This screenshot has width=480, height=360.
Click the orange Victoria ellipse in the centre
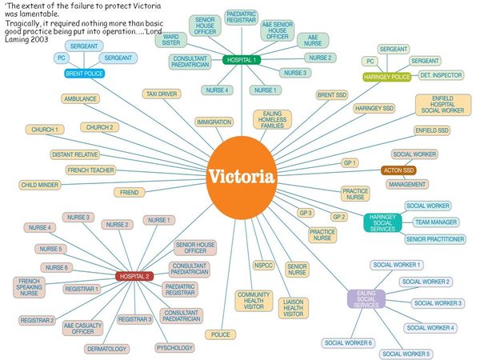pyautogui.click(x=242, y=178)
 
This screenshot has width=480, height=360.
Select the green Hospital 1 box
pyautogui.click(x=242, y=60)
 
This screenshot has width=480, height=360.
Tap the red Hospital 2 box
pyautogui.click(x=134, y=277)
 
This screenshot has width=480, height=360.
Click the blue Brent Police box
pyautogui.click(x=85, y=74)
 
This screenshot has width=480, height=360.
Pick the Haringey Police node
pyautogui.click(x=387, y=77)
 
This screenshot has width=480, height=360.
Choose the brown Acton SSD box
pyautogui.click(x=398, y=170)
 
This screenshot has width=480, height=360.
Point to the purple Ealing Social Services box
pyautogui.click(x=366, y=299)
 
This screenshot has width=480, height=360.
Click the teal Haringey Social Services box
pyautogui.click(x=382, y=223)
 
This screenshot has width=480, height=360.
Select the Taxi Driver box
pyautogui.click(x=162, y=94)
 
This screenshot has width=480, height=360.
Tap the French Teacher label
pyautogui.click(x=91, y=170)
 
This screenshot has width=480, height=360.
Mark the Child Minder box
pyautogui.click(x=40, y=185)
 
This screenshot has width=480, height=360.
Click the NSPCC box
pyautogui.click(x=263, y=265)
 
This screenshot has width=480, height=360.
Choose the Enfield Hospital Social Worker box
pyautogui.click(x=443, y=105)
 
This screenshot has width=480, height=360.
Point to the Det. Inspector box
pyautogui.click(x=441, y=75)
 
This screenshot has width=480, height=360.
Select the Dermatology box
pyautogui.click(x=107, y=349)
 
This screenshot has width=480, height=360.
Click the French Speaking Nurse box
pyautogui.click(x=29, y=287)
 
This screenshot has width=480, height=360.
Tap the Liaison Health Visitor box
pyautogui.click(x=294, y=308)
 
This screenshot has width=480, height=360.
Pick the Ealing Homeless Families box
pyautogui.click(x=272, y=119)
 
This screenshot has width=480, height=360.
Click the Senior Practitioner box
pyautogui.click(x=435, y=239)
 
